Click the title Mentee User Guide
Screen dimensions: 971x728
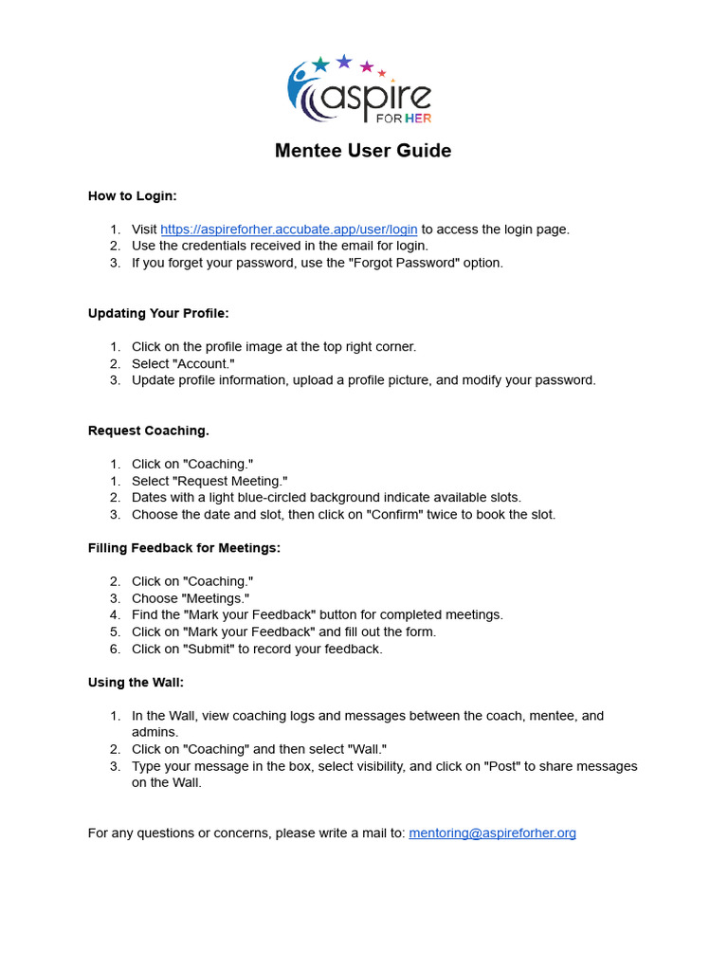click(x=363, y=151)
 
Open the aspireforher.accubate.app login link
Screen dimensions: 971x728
click(x=288, y=229)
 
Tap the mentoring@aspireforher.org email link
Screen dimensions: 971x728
click(x=492, y=834)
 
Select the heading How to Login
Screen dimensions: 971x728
click(x=133, y=196)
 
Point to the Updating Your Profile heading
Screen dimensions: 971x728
click(x=158, y=313)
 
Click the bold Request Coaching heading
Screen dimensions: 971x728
click(x=149, y=431)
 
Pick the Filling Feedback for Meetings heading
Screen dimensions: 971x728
click(x=184, y=548)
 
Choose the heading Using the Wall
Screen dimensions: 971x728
click(x=135, y=682)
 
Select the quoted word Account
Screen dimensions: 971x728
click(x=204, y=364)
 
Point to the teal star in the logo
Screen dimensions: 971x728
click(x=320, y=64)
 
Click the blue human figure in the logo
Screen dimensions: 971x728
click(x=300, y=86)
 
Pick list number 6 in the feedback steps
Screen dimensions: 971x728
click(x=115, y=650)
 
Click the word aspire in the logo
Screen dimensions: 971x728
click(x=379, y=95)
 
